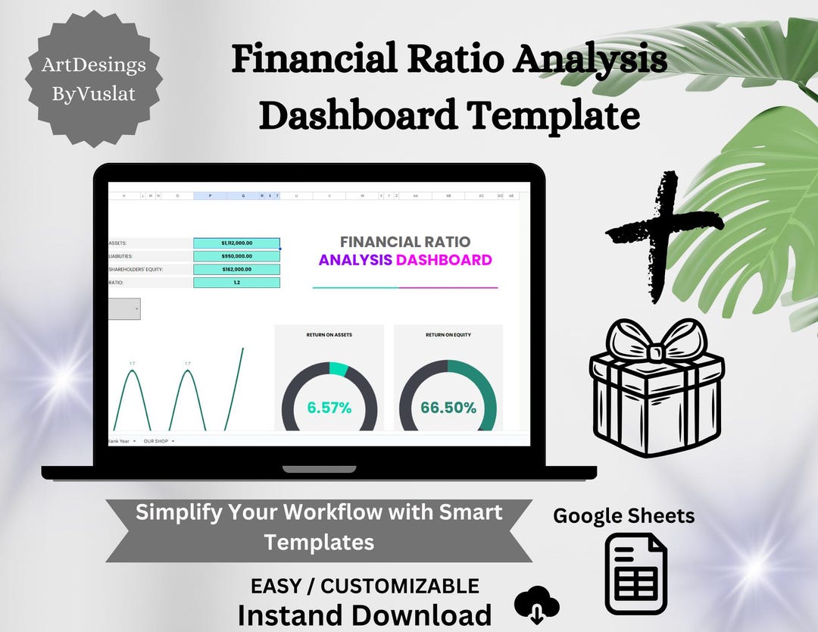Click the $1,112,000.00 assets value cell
point(236,243)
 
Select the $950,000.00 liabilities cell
point(236,256)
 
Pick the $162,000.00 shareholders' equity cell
point(236,269)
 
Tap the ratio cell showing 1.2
point(236,283)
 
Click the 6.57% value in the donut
point(329,408)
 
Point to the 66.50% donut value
point(448,408)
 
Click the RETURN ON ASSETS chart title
point(329,334)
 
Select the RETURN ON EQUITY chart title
point(448,334)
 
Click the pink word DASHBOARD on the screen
point(444,260)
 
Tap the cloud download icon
point(536,607)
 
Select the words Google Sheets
point(623,516)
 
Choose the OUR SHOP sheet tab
point(157,440)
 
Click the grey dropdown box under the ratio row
point(124,309)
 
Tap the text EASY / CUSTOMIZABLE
point(365,586)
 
